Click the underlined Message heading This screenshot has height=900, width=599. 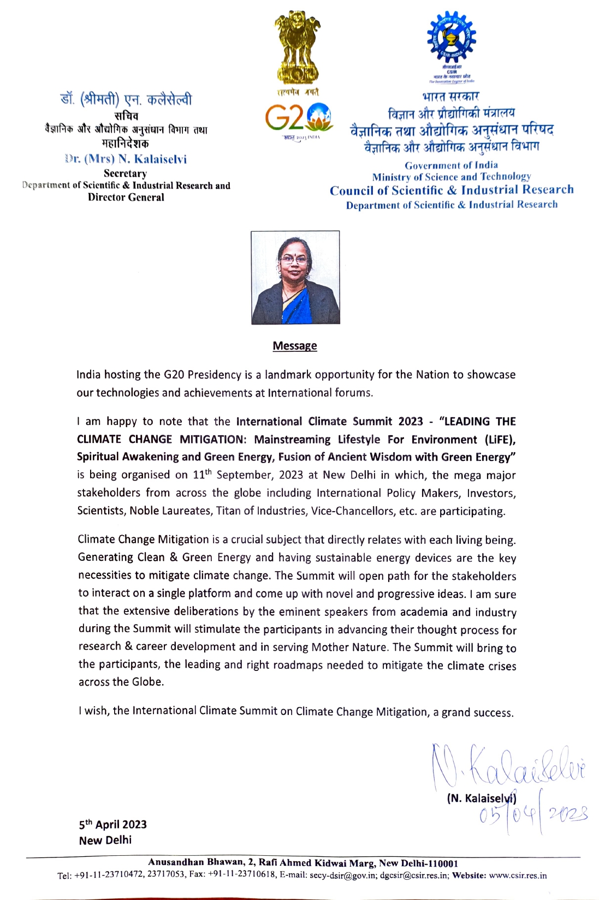point(295,346)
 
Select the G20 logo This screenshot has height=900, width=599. point(298,117)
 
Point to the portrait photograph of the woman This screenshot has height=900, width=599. point(295,277)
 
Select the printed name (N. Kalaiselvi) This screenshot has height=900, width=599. point(482,799)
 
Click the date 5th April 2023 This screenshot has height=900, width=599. point(113,824)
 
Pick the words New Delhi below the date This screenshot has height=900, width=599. point(105,840)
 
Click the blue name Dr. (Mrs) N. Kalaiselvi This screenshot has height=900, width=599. point(126,159)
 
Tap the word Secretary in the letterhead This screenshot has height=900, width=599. point(126,173)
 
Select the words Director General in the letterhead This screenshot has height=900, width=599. point(126,197)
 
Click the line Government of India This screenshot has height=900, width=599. point(451,165)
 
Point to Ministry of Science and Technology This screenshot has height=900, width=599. point(451,177)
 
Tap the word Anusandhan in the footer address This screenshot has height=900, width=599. point(176,862)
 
